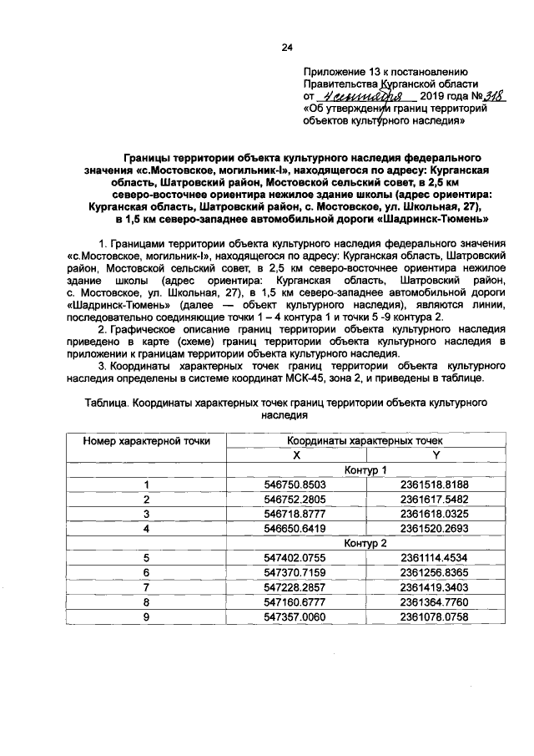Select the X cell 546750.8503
pos(295,484)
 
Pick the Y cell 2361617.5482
pos(435,499)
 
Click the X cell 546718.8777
pos(295,514)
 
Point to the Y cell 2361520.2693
pos(435,529)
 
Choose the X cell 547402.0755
pos(295,558)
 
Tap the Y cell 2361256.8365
pos(435,573)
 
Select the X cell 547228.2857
pos(295,588)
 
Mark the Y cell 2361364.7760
pos(435,603)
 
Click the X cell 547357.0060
pos(295,618)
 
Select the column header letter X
pos(295,454)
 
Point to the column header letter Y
pos(435,454)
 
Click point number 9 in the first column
pos(146,618)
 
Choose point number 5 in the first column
pos(146,558)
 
